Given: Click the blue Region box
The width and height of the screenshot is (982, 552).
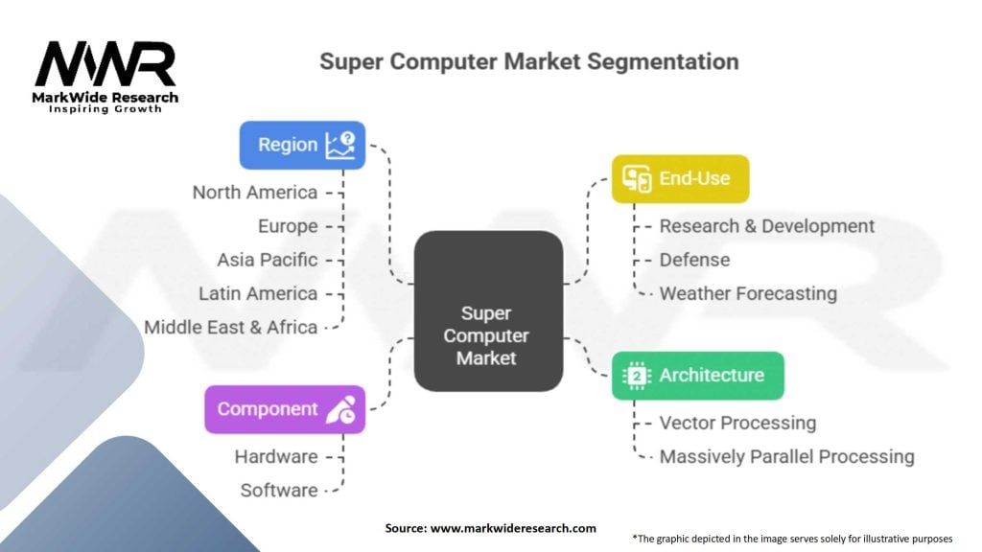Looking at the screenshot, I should tap(302, 145).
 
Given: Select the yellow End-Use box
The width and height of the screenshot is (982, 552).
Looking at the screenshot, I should tap(680, 178).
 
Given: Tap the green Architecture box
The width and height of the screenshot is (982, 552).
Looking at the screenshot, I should tap(698, 376).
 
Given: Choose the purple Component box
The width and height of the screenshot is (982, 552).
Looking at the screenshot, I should tap(285, 409).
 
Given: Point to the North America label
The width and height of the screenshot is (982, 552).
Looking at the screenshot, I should tap(254, 193).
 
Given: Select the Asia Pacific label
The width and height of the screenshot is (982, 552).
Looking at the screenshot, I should tap(267, 260).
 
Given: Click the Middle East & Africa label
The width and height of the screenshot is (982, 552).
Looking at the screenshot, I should tap(230, 327).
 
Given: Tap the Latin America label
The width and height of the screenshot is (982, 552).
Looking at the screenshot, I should tap(258, 293).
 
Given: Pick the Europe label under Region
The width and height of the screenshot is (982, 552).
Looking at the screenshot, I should tap(287, 226).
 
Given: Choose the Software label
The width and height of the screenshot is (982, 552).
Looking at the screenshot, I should tap(278, 491).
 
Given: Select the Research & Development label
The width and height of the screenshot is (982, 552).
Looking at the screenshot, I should tap(766, 226).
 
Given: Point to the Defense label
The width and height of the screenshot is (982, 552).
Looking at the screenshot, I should tap(694, 260).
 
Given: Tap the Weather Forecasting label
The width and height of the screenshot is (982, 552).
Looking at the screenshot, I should tap(748, 293).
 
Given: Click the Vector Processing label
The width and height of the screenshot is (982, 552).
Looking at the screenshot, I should tap(737, 424).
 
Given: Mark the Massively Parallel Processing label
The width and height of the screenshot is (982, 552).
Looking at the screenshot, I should tap(786, 457).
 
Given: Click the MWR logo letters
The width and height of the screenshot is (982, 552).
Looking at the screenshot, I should tap(105, 65).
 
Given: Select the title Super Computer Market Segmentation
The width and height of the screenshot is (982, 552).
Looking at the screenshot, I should tap(529, 62).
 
